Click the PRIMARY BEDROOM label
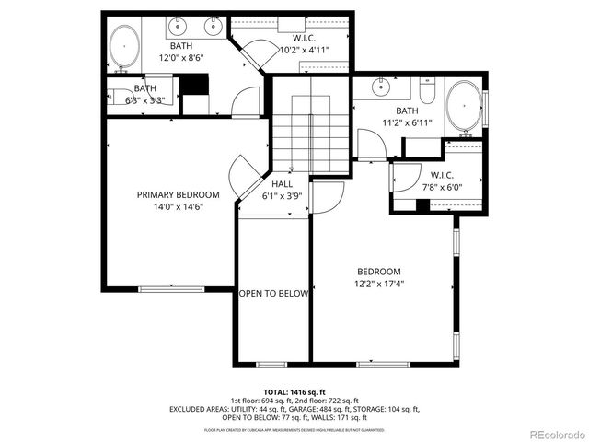tap(178, 194)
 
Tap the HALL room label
tap(282, 183)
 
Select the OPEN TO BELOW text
tap(273, 294)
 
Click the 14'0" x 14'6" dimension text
tap(178, 207)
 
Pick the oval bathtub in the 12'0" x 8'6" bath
tap(124, 47)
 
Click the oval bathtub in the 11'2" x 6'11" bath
tap(465, 108)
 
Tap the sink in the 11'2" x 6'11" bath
tap(379, 88)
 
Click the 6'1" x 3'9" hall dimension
tap(282, 195)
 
